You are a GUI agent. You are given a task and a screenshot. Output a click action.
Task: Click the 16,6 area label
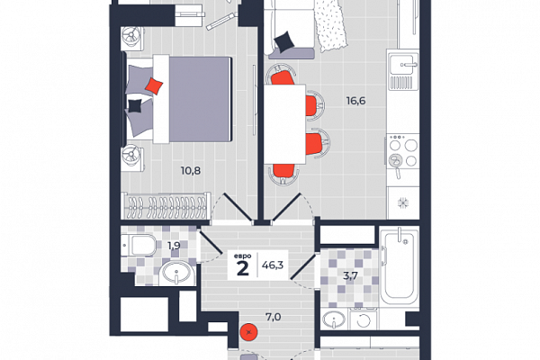(355, 101)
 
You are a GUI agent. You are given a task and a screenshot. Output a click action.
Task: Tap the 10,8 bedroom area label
(191, 170)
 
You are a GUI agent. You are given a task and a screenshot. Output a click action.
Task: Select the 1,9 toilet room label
(174, 246)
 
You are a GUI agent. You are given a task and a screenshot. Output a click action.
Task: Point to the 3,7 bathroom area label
(350, 275)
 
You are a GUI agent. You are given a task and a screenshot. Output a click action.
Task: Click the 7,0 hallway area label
(273, 317)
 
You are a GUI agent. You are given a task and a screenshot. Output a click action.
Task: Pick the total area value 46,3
(273, 265)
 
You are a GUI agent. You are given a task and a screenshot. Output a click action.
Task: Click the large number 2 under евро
(243, 268)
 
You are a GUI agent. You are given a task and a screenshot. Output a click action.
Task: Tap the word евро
(242, 256)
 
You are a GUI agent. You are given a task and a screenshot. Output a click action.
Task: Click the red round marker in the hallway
(249, 332)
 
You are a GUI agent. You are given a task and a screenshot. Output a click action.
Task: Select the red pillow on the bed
(154, 85)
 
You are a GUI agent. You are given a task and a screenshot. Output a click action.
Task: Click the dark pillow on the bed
(135, 106)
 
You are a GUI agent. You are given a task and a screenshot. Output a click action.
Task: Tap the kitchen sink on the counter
(402, 65)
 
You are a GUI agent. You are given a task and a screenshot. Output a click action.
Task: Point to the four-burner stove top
(402, 151)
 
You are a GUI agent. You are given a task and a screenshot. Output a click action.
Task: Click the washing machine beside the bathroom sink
(363, 320)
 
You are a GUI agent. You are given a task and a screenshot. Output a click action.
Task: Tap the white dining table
(284, 123)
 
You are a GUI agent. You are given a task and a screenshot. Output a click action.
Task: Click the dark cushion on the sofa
(284, 41)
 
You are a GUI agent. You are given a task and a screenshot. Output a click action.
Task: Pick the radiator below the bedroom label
(166, 206)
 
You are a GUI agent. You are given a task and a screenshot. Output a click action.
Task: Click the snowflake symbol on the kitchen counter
(402, 202)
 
